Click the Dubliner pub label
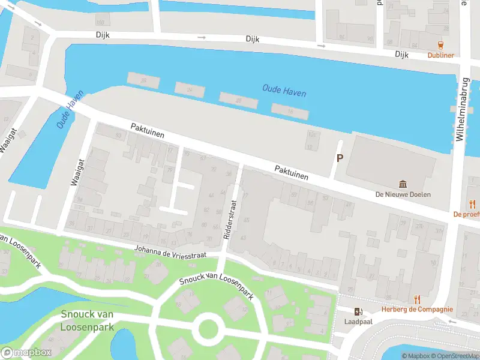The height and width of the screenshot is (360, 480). (x=440, y=55)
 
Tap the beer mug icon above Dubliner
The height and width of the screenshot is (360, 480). (x=441, y=45)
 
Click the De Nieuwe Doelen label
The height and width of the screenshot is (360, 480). (x=403, y=194)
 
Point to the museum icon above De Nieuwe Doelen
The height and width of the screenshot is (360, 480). (x=403, y=184)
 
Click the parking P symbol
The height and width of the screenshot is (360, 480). (x=340, y=158)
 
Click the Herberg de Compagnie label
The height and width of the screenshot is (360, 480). (x=418, y=310)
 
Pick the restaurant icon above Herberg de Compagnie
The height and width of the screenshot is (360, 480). (x=418, y=299)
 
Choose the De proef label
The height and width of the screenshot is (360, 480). (x=466, y=214)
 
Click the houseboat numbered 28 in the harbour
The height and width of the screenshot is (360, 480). (x=143, y=80)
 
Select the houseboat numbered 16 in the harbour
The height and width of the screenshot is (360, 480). (x=290, y=111)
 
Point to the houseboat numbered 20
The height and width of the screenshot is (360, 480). (x=238, y=100)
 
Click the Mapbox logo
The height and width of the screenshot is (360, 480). (x=26, y=353)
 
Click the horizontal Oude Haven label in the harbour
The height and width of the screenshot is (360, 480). (x=284, y=91)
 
